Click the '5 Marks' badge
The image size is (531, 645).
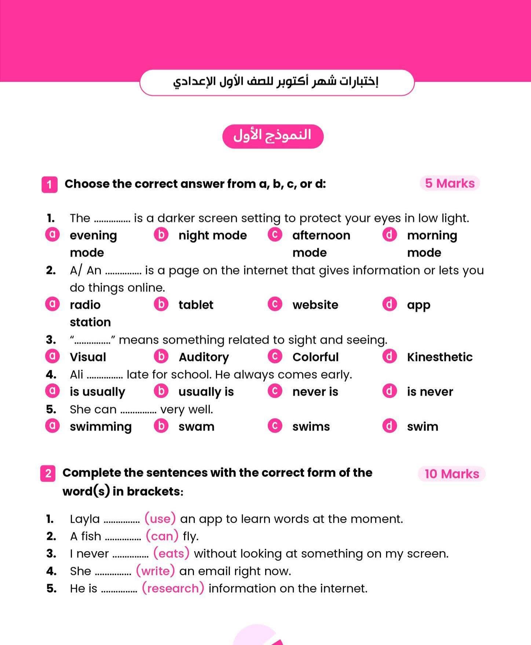click(x=450, y=183)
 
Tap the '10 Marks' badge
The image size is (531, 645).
click(x=451, y=474)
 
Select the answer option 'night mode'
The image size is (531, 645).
click(x=212, y=235)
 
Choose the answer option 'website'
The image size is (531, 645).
click(x=315, y=305)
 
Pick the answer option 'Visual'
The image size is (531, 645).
click(x=88, y=357)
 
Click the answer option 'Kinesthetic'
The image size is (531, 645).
click(x=439, y=357)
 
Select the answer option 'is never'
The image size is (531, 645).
click(x=430, y=392)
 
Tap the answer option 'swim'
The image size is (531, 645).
click(x=422, y=426)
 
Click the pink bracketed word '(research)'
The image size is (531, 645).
click(x=173, y=588)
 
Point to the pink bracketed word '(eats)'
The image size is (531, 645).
click(x=171, y=553)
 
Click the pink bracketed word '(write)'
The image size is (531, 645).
click(x=155, y=571)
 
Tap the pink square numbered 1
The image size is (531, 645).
click(x=50, y=184)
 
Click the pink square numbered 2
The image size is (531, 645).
click(x=48, y=473)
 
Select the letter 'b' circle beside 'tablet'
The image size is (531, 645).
click(x=161, y=304)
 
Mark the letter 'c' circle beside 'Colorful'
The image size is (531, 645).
click(x=275, y=356)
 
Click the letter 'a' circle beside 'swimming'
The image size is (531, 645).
click(x=52, y=426)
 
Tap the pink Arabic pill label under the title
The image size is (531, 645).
click(x=273, y=136)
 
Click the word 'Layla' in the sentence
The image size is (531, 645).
click(x=85, y=519)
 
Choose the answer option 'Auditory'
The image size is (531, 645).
click(x=204, y=357)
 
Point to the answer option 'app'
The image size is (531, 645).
click(x=418, y=305)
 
